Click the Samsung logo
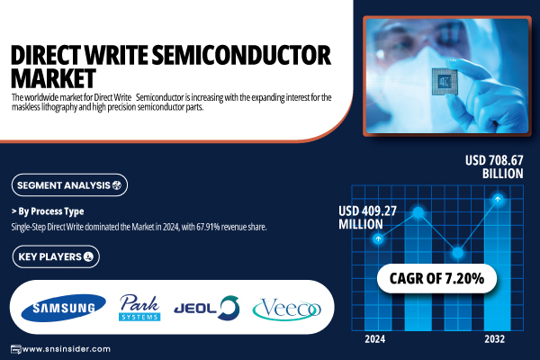(63, 308)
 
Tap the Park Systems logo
(139, 308)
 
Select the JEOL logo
(207, 308)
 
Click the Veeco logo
(287, 309)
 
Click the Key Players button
(56, 256)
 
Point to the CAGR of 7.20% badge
(436, 278)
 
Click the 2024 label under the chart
(375, 339)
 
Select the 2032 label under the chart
(494, 339)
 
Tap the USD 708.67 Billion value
(494, 166)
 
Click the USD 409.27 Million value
(367, 218)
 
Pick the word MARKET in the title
(53, 78)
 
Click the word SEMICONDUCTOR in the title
(241, 55)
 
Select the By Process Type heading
(48, 211)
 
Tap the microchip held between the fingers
(445, 82)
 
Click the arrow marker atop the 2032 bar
(498, 199)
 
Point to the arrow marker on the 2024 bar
(378, 238)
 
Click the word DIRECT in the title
(47, 55)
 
